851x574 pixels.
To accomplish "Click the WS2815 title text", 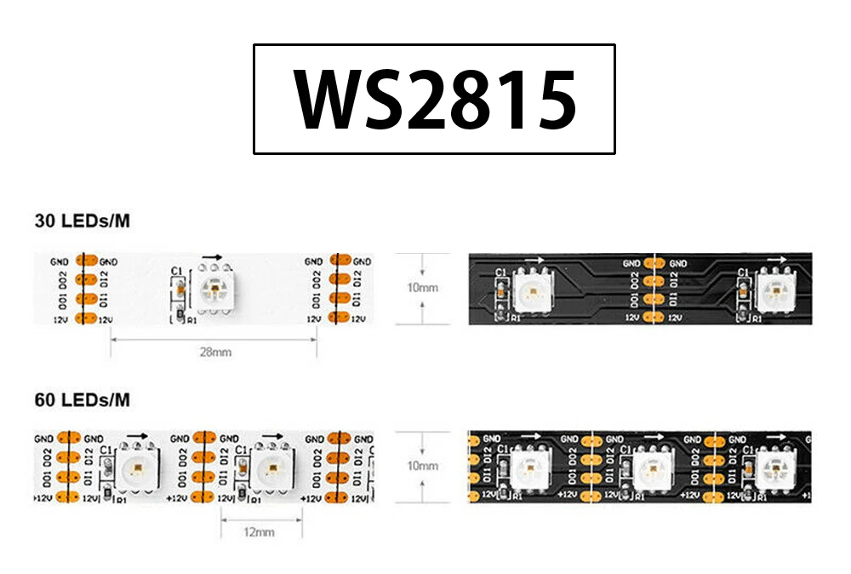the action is point(435,100).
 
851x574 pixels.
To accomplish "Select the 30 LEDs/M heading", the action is point(83,221).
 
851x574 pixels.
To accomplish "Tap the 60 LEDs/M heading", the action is point(83,399).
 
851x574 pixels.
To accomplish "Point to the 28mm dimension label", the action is point(214,351).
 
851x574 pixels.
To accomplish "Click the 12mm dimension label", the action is point(259,532).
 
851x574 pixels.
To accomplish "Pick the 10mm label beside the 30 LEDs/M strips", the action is point(422,288).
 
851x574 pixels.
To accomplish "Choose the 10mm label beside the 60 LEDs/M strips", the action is point(422,467).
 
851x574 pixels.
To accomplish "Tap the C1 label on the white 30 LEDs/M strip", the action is point(177,271).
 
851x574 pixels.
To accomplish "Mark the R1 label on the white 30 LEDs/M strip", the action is point(191,322).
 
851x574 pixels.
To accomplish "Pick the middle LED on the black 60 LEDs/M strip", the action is point(656,467).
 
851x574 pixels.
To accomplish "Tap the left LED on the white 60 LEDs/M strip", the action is point(136,467).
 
